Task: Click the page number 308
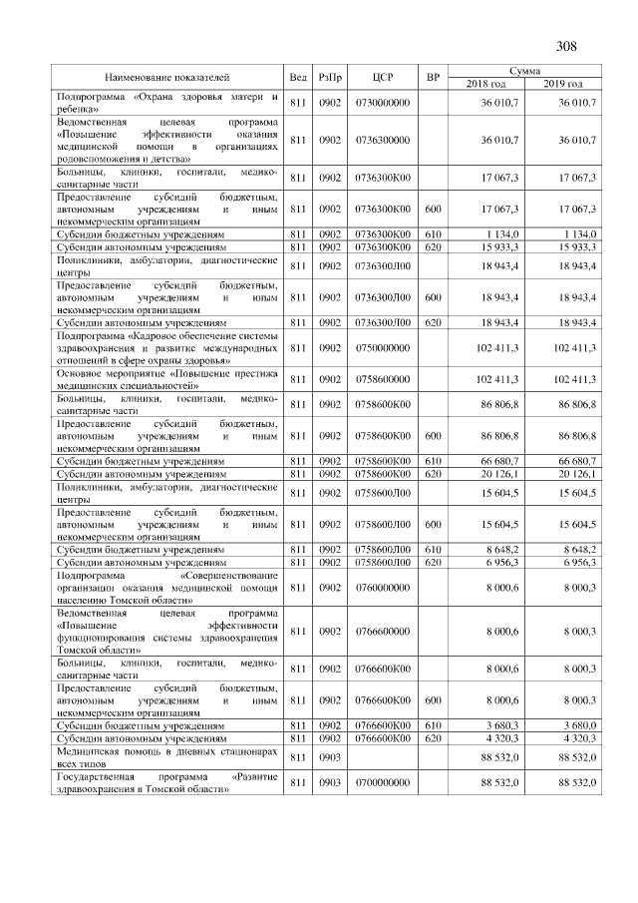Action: click(567, 46)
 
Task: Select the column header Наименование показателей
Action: click(167, 77)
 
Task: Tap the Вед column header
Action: click(298, 77)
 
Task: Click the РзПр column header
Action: click(330, 77)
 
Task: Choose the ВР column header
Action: click(432, 77)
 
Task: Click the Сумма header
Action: click(524, 71)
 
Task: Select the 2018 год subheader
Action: click(486, 83)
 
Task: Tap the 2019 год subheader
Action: click(563, 83)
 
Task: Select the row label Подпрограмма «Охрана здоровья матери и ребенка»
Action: click(166, 103)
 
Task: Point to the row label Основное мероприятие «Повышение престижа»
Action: click(166, 379)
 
